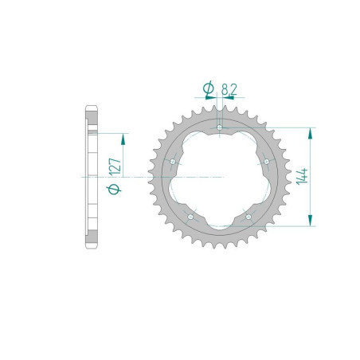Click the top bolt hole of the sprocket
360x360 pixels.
click(x=219, y=126)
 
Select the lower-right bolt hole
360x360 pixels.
click(x=248, y=215)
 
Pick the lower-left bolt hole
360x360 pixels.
click(x=190, y=215)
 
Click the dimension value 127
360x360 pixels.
click(x=115, y=166)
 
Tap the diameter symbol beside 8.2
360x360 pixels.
click(x=208, y=88)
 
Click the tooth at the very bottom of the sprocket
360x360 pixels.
click(x=219, y=248)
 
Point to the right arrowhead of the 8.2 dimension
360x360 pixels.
click(x=225, y=100)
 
